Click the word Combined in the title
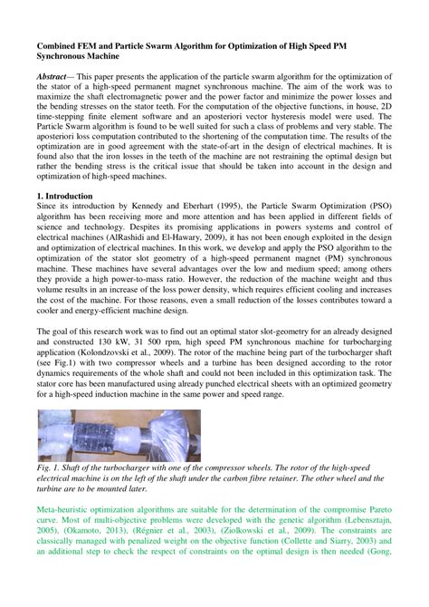(61, 43)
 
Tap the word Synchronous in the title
(70, 55)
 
